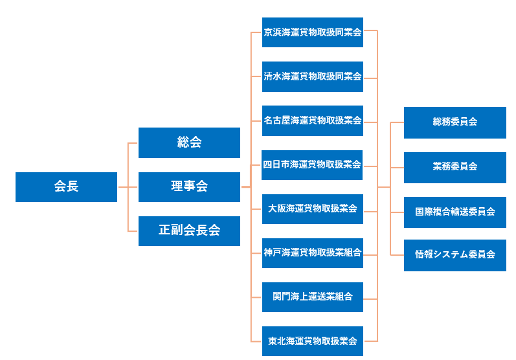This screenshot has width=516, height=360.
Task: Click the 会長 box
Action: (66, 186)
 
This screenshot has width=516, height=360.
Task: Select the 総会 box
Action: (189, 142)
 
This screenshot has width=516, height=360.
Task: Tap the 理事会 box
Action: (189, 186)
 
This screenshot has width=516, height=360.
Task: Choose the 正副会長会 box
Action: (189, 231)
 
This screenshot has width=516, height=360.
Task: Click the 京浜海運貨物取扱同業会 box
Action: (312, 32)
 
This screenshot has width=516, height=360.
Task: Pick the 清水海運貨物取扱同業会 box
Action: (312, 76)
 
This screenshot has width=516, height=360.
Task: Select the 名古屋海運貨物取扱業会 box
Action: (312, 120)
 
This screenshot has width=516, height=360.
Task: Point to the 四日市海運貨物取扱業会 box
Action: (312, 164)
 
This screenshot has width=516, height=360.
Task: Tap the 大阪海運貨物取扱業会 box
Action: (312, 208)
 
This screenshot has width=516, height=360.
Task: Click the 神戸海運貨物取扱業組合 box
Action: (312, 253)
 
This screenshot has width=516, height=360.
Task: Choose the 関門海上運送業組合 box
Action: (312, 297)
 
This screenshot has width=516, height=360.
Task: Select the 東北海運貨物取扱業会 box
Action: (312, 341)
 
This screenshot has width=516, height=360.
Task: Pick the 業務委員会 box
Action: (454, 167)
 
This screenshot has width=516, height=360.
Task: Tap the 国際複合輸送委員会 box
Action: (454, 212)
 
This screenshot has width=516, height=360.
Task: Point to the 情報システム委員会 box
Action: (454, 255)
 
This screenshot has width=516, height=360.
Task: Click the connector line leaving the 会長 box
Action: (123, 187)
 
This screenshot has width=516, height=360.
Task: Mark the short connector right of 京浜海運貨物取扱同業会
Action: (370, 31)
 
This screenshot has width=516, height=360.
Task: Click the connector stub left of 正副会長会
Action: (133, 231)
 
